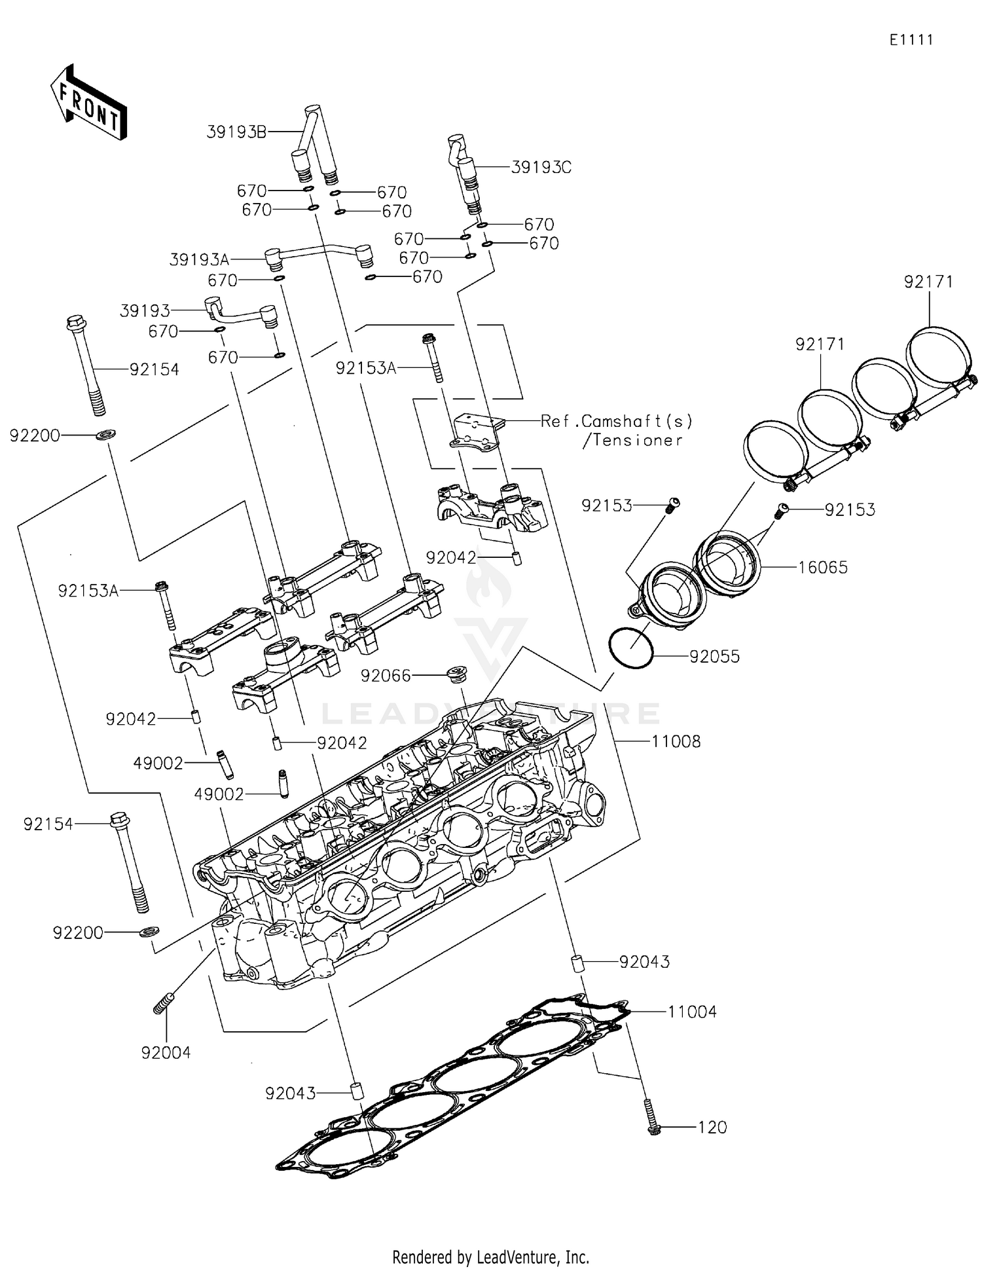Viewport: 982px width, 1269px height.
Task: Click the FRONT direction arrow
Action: click(x=88, y=103)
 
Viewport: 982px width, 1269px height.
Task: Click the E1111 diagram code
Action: click(x=911, y=40)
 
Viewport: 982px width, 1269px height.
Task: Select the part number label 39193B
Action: click(x=236, y=132)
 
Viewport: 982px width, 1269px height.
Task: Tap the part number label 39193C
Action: click(x=541, y=168)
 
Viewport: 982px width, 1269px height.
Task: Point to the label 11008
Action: click(x=676, y=741)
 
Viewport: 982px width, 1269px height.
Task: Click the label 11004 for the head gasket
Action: click(x=691, y=1012)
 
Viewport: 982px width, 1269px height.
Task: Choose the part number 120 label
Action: click(x=712, y=1128)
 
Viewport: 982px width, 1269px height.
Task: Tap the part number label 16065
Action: click(x=822, y=567)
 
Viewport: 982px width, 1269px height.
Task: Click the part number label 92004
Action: click(x=166, y=1053)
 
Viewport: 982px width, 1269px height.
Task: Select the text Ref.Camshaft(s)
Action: click(x=616, y=421)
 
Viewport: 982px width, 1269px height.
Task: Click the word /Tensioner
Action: click(x=632, y=441)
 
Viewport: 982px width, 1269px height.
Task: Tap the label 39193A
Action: click(x=199, y=260)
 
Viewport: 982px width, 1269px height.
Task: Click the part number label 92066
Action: click(x=386, y=676)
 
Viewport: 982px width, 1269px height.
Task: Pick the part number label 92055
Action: click(x=714, y=656)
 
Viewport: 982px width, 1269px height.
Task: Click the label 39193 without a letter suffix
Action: click(x=145, y=310)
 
